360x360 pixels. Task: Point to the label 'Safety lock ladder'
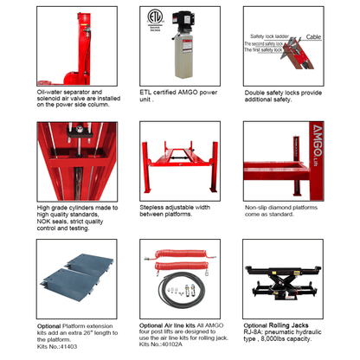(x=269, y=37)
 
